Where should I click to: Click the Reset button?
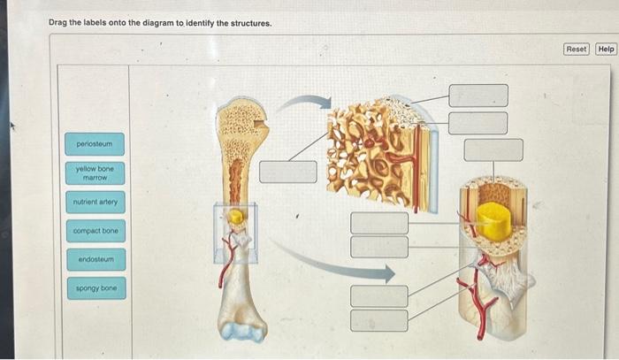coord(576,49)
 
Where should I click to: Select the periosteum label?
coord(94,143)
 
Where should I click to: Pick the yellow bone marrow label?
coord(94,172)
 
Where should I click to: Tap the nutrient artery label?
coord(94,203)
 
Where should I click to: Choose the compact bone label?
coord(94,231)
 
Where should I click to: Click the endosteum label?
coord(94,260)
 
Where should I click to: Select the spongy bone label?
coord(94,288)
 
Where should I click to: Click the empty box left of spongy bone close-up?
coord(288,171)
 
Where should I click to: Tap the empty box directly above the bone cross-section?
coord(493,149)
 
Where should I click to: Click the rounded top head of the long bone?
coord(241,115)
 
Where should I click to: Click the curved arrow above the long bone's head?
coord(298,104)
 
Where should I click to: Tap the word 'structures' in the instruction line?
coord(246,21)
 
